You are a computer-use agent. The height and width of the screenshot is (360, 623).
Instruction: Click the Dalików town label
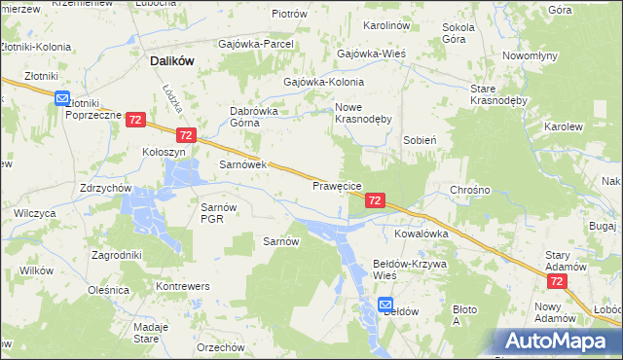pos(172,60)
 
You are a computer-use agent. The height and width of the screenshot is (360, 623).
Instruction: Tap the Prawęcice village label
pos(338,185)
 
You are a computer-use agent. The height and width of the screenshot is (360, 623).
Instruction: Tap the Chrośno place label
pos(469,189)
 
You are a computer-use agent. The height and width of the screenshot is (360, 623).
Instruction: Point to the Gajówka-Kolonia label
pos(323,83)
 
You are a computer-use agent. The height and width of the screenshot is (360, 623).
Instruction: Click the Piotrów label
pos(289,15)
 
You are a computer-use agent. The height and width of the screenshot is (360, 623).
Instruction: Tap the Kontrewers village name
pos(184,288)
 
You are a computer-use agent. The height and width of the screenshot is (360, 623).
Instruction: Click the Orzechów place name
pos(219,347)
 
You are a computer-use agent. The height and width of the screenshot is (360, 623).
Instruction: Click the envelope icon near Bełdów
pos(385,303)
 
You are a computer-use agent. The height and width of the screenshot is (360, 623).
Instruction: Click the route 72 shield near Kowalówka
pos(375,199)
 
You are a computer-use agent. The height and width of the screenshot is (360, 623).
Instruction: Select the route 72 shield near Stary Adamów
pos(556,280)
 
